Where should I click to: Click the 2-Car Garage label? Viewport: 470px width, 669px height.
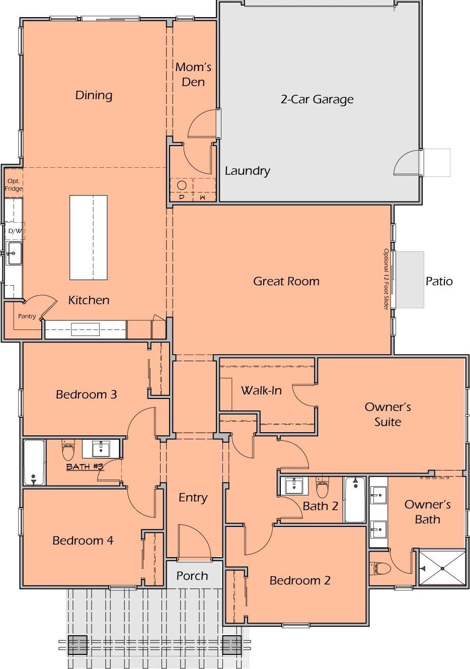coord(317,99)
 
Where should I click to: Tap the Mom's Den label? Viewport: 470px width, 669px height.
coord(193,75)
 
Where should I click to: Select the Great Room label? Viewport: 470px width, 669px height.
coord(286,281)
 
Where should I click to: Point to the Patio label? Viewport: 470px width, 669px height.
coord(439,281)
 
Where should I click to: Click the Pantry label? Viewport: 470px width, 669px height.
coord(27,316)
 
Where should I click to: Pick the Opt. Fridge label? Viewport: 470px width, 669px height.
coord(14,185)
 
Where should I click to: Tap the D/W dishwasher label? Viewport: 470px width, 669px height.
coord(15,231)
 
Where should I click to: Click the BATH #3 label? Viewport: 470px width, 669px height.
coord(85,466)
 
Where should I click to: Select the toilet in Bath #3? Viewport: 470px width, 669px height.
coord(68,449)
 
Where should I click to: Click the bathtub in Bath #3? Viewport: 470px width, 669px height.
coord(34,462)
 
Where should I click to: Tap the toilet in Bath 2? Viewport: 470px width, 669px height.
coord(322,487)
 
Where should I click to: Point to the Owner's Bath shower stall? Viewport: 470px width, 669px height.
coord(442,567)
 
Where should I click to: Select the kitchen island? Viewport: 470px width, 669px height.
coord(89,237)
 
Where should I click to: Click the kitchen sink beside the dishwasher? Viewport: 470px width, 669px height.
coord(14,253)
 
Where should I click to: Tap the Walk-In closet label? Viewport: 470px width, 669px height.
coord(261,390)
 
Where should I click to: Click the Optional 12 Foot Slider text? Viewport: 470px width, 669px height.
coord(386,279)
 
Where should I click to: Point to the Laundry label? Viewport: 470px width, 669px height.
coord(248,171)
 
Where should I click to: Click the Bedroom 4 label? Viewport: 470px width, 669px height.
coord(83,540)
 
